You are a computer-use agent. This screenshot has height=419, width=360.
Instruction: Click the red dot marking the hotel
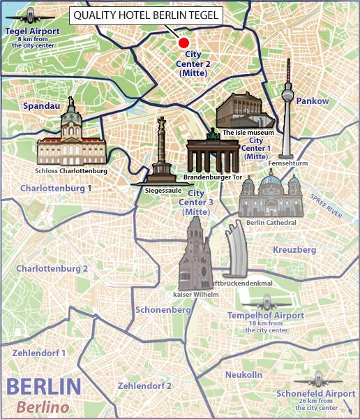coord(183,41)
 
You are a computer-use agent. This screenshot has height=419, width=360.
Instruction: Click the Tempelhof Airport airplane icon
coord(264,302)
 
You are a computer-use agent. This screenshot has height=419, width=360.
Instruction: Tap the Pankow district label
coord(312,101)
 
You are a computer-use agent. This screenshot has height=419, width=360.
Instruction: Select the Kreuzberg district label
coord(295,249)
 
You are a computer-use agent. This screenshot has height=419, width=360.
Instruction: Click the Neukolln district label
coord(243,375)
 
